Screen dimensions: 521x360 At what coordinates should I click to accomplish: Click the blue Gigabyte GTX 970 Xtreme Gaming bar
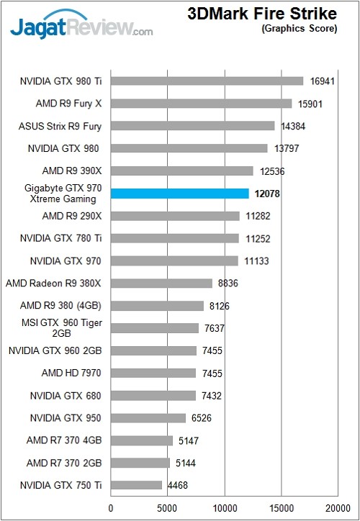click(x=179, y=194)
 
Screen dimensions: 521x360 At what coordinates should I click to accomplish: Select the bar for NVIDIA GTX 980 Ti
click(x=207, y=81)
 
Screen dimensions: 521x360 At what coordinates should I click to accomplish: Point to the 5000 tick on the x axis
click(x=167, y=509)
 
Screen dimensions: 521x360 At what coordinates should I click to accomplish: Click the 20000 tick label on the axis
click(x=336, y=509)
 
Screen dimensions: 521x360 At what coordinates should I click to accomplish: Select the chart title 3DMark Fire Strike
click(x=261, y=14)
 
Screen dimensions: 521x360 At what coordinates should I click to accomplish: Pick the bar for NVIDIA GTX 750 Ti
click(x=136, y=485)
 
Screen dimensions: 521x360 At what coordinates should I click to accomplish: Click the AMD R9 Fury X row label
click(x=68, y=104)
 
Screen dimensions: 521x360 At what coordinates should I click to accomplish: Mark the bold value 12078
click(x=268, y=194)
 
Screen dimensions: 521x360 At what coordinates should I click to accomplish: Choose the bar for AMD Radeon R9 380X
click(x=161, y=283)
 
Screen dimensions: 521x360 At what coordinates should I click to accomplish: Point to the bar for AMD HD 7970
click(x=153, y=373)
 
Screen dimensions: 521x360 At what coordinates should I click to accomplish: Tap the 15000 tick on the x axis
click(x=280, y=509)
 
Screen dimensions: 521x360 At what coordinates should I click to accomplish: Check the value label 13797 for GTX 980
click(x=286, y=148)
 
